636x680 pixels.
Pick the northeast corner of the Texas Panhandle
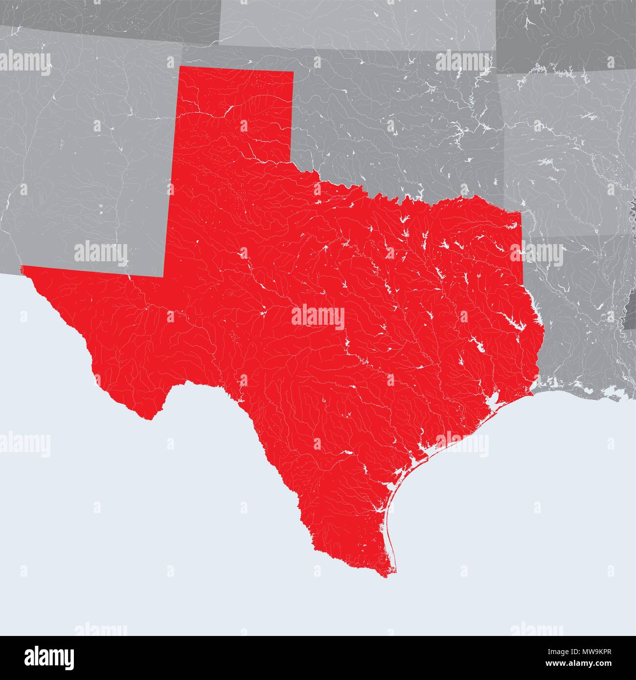pos(293,72)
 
